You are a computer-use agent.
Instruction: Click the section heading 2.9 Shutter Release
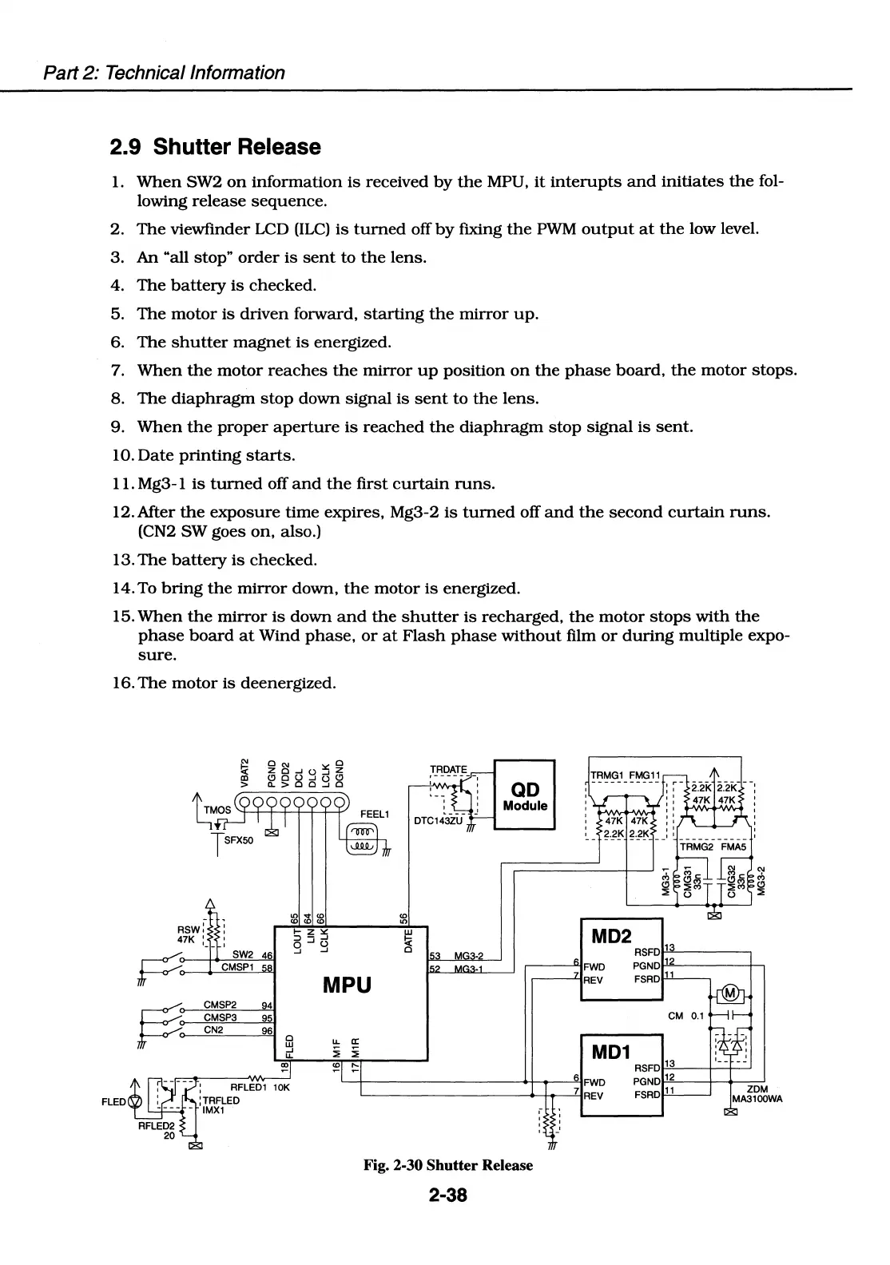215,147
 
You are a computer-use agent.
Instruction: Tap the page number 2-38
447,1196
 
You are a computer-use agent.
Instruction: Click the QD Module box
525,795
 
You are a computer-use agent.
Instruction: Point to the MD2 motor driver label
611,935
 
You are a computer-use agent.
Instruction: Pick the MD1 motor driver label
611,1052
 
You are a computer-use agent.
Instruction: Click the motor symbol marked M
730,994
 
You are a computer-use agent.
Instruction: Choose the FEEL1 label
374,814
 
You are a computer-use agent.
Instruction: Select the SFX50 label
239,840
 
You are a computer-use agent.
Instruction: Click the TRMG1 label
607,775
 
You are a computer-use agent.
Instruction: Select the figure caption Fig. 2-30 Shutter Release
447,1165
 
